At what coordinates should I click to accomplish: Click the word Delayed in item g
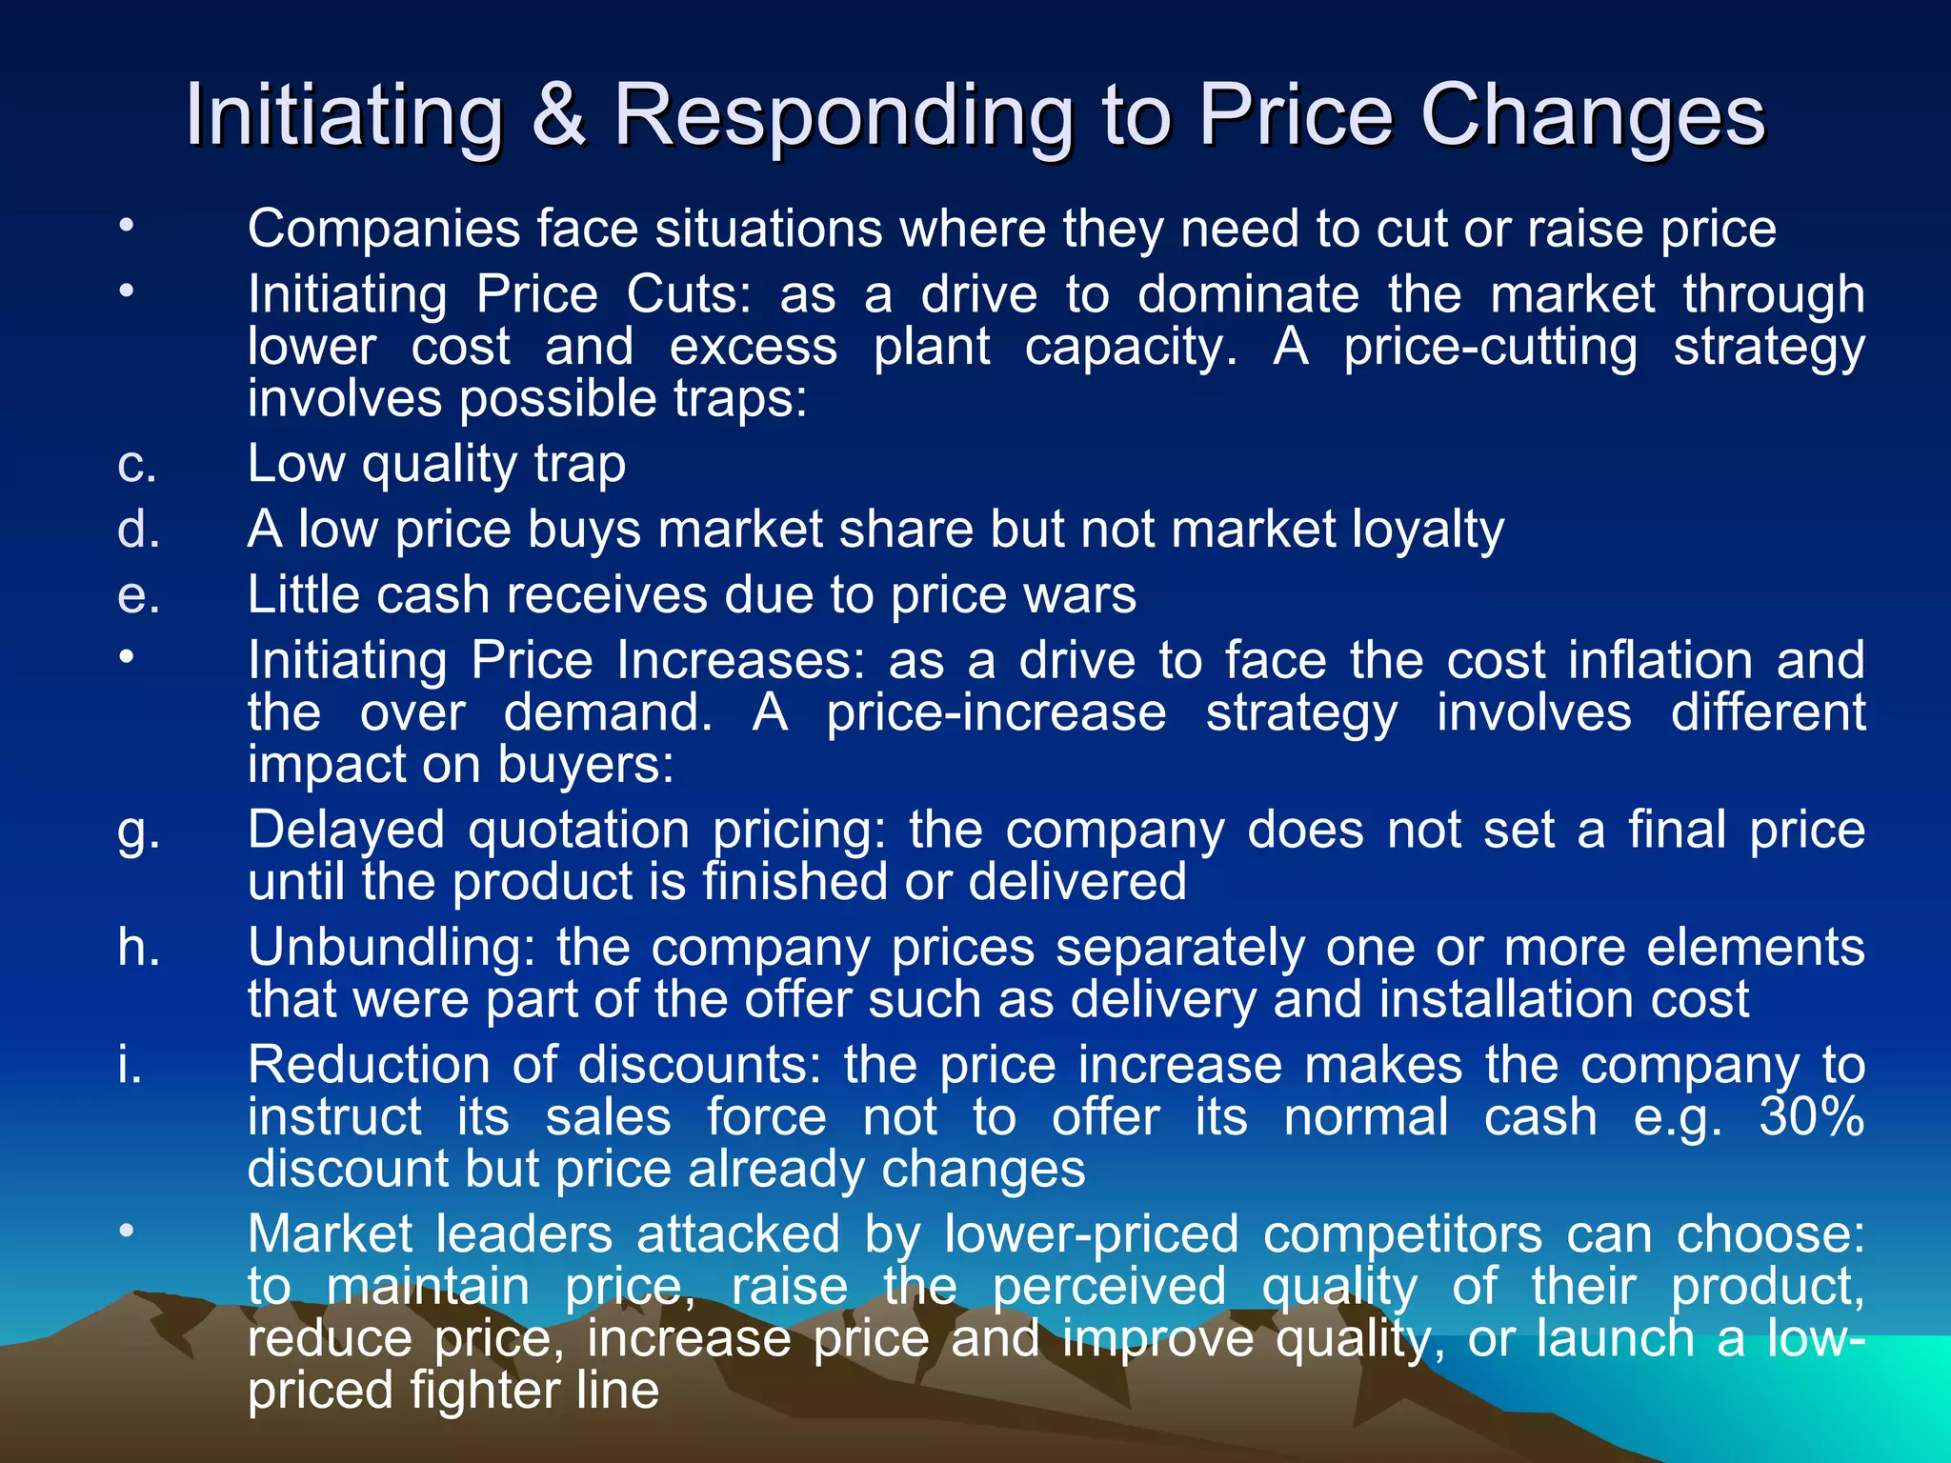pyautogui.click(x=346, y=831)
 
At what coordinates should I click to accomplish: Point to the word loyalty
pyautogui.click(x=1428, y=531)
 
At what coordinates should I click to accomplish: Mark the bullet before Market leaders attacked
pyautogui.click(x=127, y=1232)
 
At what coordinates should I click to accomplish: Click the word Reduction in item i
pyautogui.click(x=369, y=1065)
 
